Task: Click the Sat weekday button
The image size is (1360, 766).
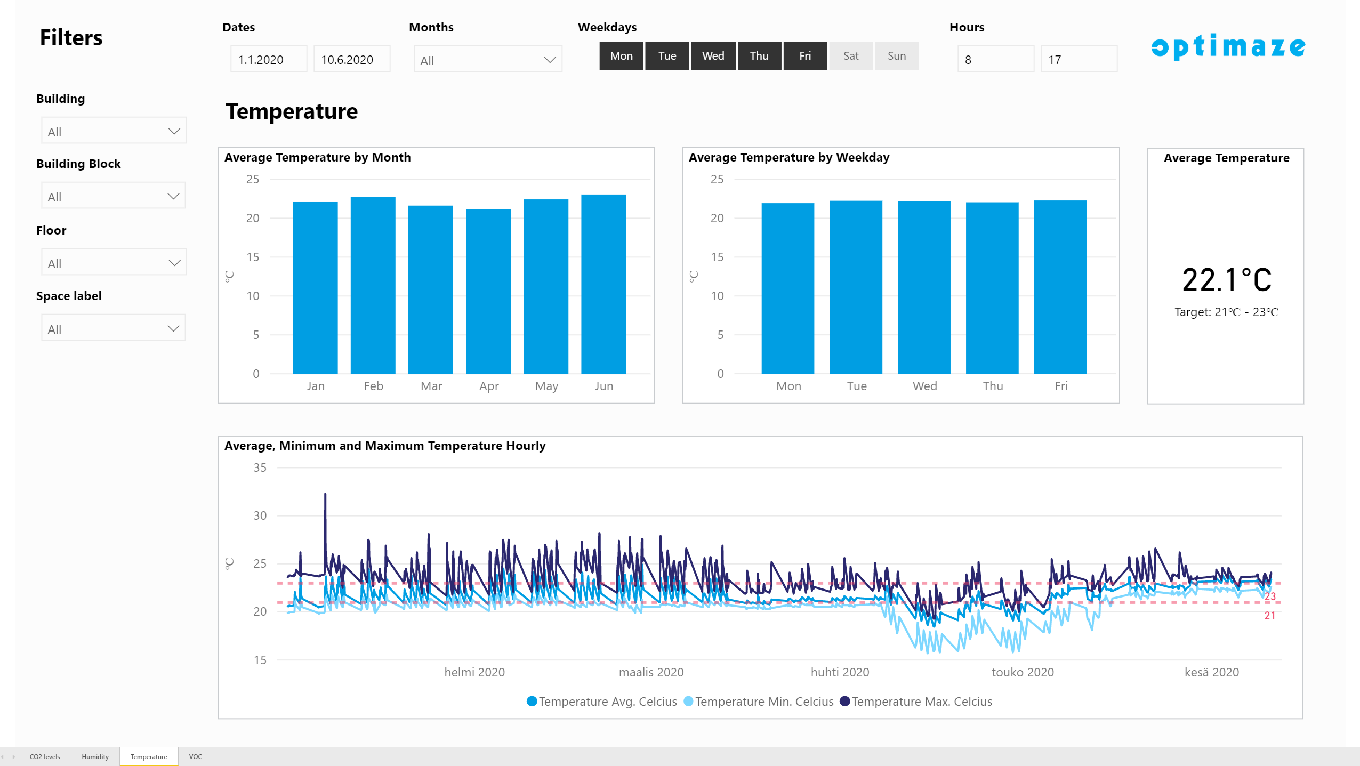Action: coord(851,56)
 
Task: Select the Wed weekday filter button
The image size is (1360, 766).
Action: coord(713,56)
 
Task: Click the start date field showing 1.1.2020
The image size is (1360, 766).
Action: coord(269,59)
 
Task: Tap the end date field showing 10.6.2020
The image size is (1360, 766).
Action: coord(352,59)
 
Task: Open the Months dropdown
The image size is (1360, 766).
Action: coord(488,60)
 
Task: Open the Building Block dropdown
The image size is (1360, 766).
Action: coord(114,196)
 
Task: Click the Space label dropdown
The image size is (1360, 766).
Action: coord(114,328)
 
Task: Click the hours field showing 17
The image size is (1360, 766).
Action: coord(1079,59)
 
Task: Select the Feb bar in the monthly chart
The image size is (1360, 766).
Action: coord(373,285)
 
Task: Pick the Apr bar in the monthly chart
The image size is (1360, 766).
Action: coord(488,291)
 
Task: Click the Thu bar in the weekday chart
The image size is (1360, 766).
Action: coord(992,288)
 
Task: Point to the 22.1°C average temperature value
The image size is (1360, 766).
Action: coord(1227,280)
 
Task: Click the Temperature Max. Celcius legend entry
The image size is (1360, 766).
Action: coord(916,702)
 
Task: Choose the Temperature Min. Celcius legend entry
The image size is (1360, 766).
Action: coord(759,702)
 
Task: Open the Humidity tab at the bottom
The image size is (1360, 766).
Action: coord(95,757)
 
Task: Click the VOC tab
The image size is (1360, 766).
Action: coord(196,757)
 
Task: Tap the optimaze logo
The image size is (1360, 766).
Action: coord(1228,47)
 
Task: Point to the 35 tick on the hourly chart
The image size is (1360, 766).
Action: coord(260,468)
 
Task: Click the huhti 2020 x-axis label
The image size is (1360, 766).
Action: coord(840,672)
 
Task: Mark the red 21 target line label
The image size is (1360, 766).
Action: coord(1270,616)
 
